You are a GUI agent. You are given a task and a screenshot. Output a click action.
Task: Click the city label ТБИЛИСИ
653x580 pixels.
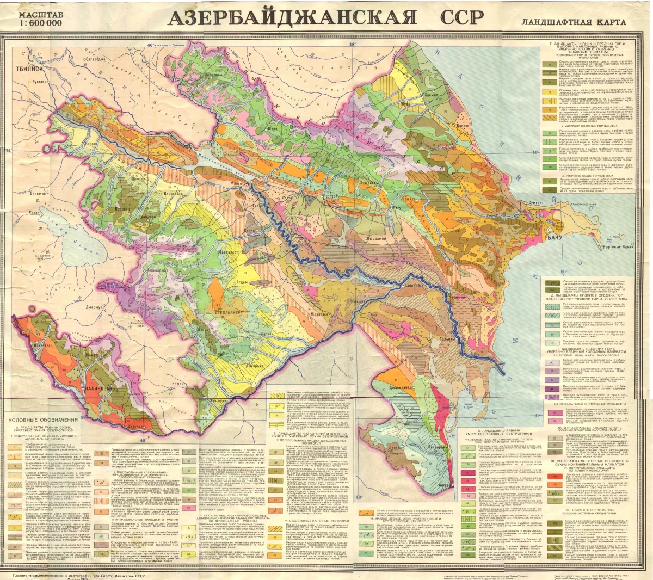click(29, 69)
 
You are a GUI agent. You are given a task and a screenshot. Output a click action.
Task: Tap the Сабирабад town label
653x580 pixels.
click(414, 285)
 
